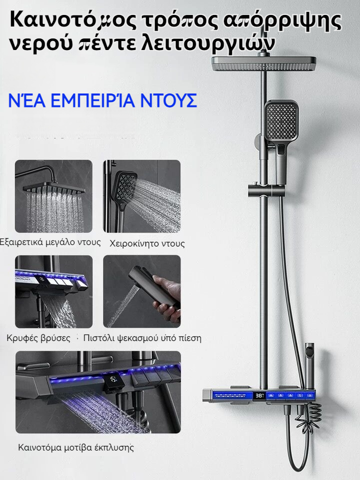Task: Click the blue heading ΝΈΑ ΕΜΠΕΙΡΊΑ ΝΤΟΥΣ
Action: pos(102,100)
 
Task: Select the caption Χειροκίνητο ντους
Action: pos(147,243)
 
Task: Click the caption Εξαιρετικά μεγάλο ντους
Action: pos(50,242)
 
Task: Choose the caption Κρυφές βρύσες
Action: pos(38,338)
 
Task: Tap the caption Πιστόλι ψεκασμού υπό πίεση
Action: pos(142,338)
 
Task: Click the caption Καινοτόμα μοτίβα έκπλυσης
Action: pos(76,447)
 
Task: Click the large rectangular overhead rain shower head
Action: pos(264,63)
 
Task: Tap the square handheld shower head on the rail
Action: pos(281,120)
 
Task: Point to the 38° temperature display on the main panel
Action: pos(259,395)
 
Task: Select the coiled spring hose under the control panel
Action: pos(307,418)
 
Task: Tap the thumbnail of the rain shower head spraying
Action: pos(53,196)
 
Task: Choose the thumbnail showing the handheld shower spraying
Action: pos(141,196)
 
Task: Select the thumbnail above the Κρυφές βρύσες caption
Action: pos(53,291)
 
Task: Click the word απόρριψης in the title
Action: pos(281,21)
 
